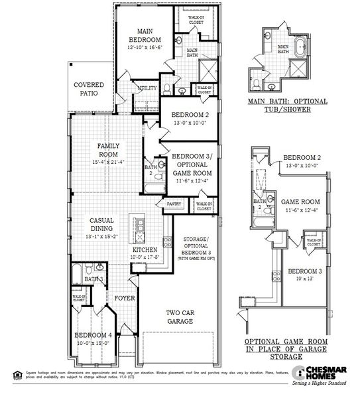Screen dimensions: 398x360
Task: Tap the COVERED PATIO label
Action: (87, 90)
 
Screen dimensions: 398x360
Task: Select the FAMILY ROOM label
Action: (107, 150)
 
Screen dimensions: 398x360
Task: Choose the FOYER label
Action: (124, 298)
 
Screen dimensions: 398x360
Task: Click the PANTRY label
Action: (174, 204)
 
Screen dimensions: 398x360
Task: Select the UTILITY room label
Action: (147, 88)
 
